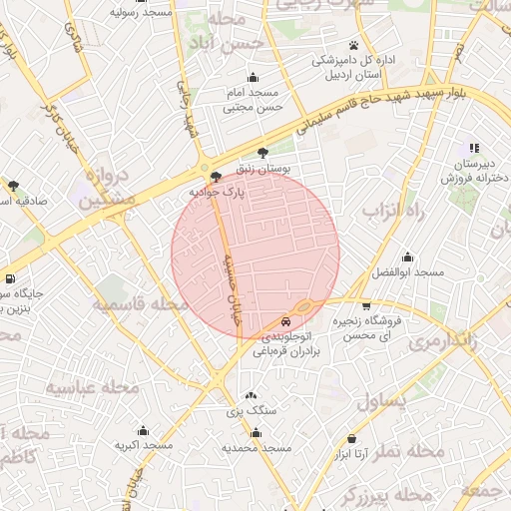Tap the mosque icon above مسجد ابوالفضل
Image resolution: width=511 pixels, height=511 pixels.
coord(406,256)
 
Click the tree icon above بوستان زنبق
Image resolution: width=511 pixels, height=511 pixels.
coord(262,153)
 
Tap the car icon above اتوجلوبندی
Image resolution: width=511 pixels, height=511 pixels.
coord(286,322)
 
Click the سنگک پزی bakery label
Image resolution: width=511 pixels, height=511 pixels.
coord(250,410)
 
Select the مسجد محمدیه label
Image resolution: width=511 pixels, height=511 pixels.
coord(256,448)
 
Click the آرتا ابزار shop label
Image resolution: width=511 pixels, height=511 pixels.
coord(351,454)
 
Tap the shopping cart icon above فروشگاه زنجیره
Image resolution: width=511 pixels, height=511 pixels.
coord(366,305)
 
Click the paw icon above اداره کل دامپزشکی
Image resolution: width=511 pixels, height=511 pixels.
coord(353,45)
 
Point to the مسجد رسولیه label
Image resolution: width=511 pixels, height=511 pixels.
coord(141,13)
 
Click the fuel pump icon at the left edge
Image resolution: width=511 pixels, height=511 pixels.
coord(9,278)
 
